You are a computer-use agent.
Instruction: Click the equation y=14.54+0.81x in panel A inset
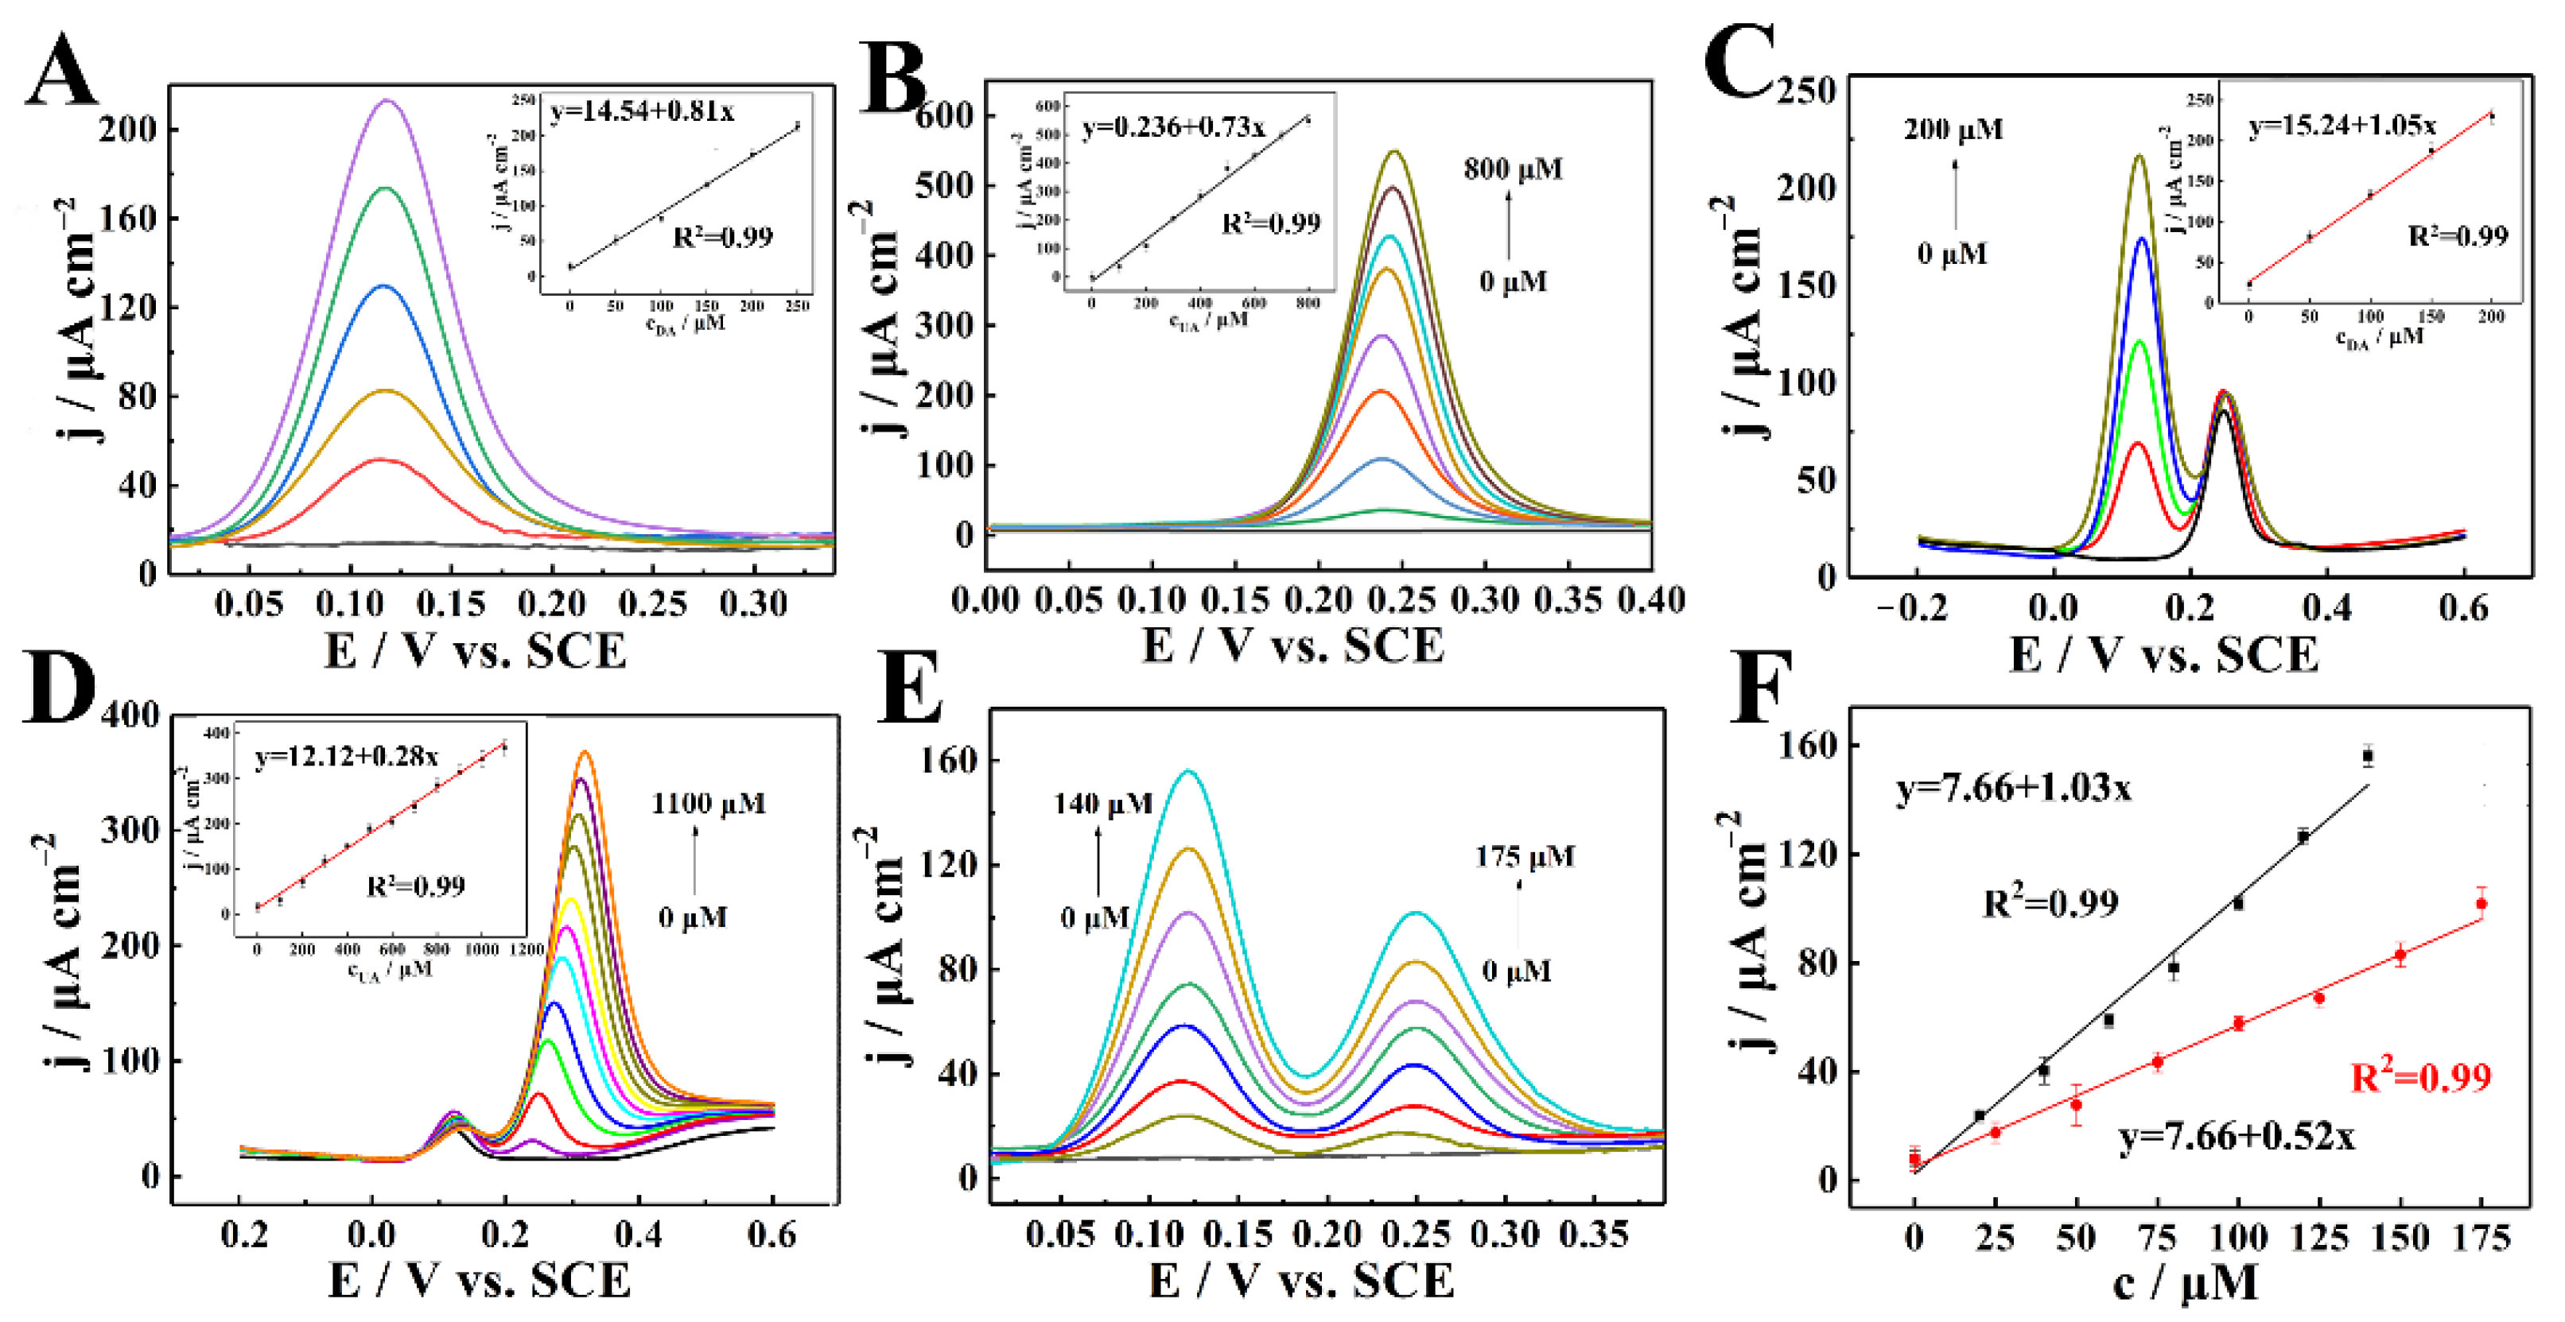(x=643, y=111)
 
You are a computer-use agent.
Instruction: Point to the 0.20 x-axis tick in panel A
(x=552, y=604)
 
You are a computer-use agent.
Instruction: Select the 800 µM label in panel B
(x=1513, y=169)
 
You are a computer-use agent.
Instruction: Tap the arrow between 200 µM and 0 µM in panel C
(x=1955, y=194)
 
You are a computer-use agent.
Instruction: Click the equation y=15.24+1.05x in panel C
(x=2342, y=126)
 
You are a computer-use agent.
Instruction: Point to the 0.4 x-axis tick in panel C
(x=2327, y=607)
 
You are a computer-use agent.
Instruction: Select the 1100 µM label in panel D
(x=708, y=804)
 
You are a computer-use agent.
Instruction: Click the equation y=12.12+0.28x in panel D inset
(x=345, y=757)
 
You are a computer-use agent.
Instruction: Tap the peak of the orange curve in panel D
(x=585, y=753)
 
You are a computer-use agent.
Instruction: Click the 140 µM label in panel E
(x=1102, y=804)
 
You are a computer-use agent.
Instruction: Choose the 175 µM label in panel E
(x=1525, y=857)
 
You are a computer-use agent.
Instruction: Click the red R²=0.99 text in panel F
(x=2419, y=1077)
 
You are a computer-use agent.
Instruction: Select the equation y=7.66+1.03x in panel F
(x=2013, y=789)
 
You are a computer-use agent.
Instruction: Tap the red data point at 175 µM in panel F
(x=2481, y=904)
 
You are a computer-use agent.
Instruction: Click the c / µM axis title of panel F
(x=2185, y=1284)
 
